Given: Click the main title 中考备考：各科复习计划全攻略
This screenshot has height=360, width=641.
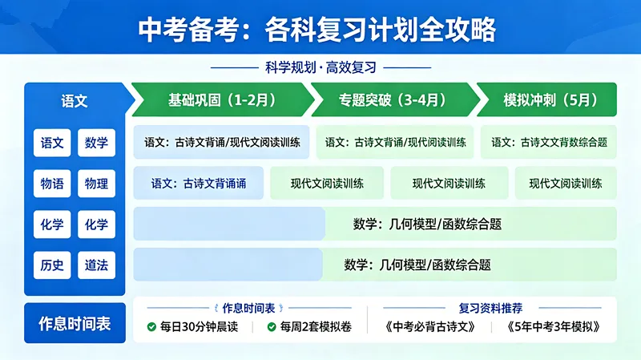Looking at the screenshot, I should tap(320, 29).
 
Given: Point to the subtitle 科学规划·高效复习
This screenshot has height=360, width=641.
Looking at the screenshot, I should tap(320, 68).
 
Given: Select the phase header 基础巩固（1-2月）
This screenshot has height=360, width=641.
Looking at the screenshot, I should tap(222, 100).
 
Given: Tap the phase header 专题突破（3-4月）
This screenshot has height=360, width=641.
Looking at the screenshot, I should tap(393, 100).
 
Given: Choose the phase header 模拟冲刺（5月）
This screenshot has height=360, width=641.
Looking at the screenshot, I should tap(550, 100).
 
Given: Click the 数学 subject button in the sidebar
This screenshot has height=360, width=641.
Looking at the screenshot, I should tap(96, 143).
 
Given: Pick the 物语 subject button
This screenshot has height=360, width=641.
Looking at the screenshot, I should tap(52, 184).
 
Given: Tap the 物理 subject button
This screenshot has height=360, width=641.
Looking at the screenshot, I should tap(96, 184).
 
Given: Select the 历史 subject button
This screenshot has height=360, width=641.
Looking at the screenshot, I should tap(52, 265).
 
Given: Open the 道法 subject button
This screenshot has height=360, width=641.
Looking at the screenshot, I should tap(96, 265).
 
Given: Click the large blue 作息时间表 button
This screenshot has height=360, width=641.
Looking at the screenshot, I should tap(75, 324).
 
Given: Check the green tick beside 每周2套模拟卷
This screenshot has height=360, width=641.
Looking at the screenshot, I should tap(272, 327).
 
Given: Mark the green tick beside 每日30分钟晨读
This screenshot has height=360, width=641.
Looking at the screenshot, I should tap(151, 327).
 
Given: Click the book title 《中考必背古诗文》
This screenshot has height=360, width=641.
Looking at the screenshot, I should tap(430, 327).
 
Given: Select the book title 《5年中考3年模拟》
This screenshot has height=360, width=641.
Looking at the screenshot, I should tap(553, 327).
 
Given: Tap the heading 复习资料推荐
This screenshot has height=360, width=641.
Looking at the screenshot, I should tap(491, 308).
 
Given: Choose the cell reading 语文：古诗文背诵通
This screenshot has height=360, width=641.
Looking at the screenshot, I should tap(198, 184).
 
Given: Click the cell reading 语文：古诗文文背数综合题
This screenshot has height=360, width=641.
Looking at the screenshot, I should tap(549, 143).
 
